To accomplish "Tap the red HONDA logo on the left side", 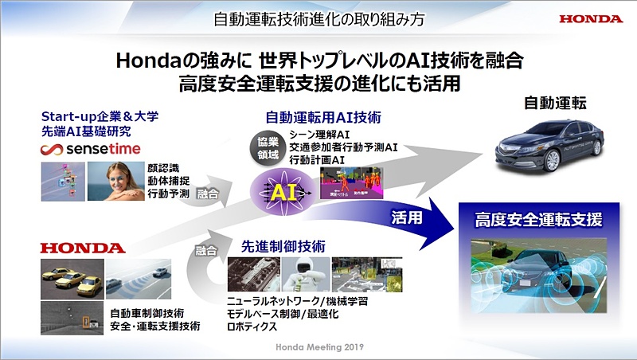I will tap(83, 248).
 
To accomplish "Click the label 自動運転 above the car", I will tap(555, 104).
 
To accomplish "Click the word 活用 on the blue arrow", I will tap(408, 215).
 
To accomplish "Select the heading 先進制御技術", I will tap(284, 247).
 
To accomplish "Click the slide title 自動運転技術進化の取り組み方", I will tap(318, 18).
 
